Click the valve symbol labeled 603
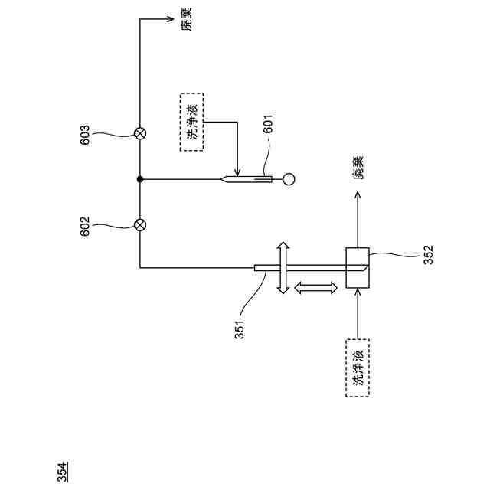[140, 133]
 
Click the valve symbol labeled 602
[140, 225]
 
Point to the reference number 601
[268, 124]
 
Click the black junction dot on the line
[140, 180]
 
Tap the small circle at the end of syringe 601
[289, 180]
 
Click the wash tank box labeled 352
[358, 268]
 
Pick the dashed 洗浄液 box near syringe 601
[191, 122]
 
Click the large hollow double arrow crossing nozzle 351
[283, 267]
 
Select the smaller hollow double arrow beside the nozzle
[315, 288]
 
